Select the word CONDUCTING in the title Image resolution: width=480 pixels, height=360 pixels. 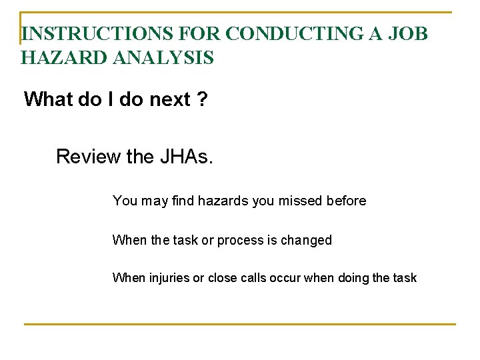(279, 34)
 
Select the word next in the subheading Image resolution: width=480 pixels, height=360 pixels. (169, 99)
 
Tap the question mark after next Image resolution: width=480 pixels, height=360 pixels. (201, 99)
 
